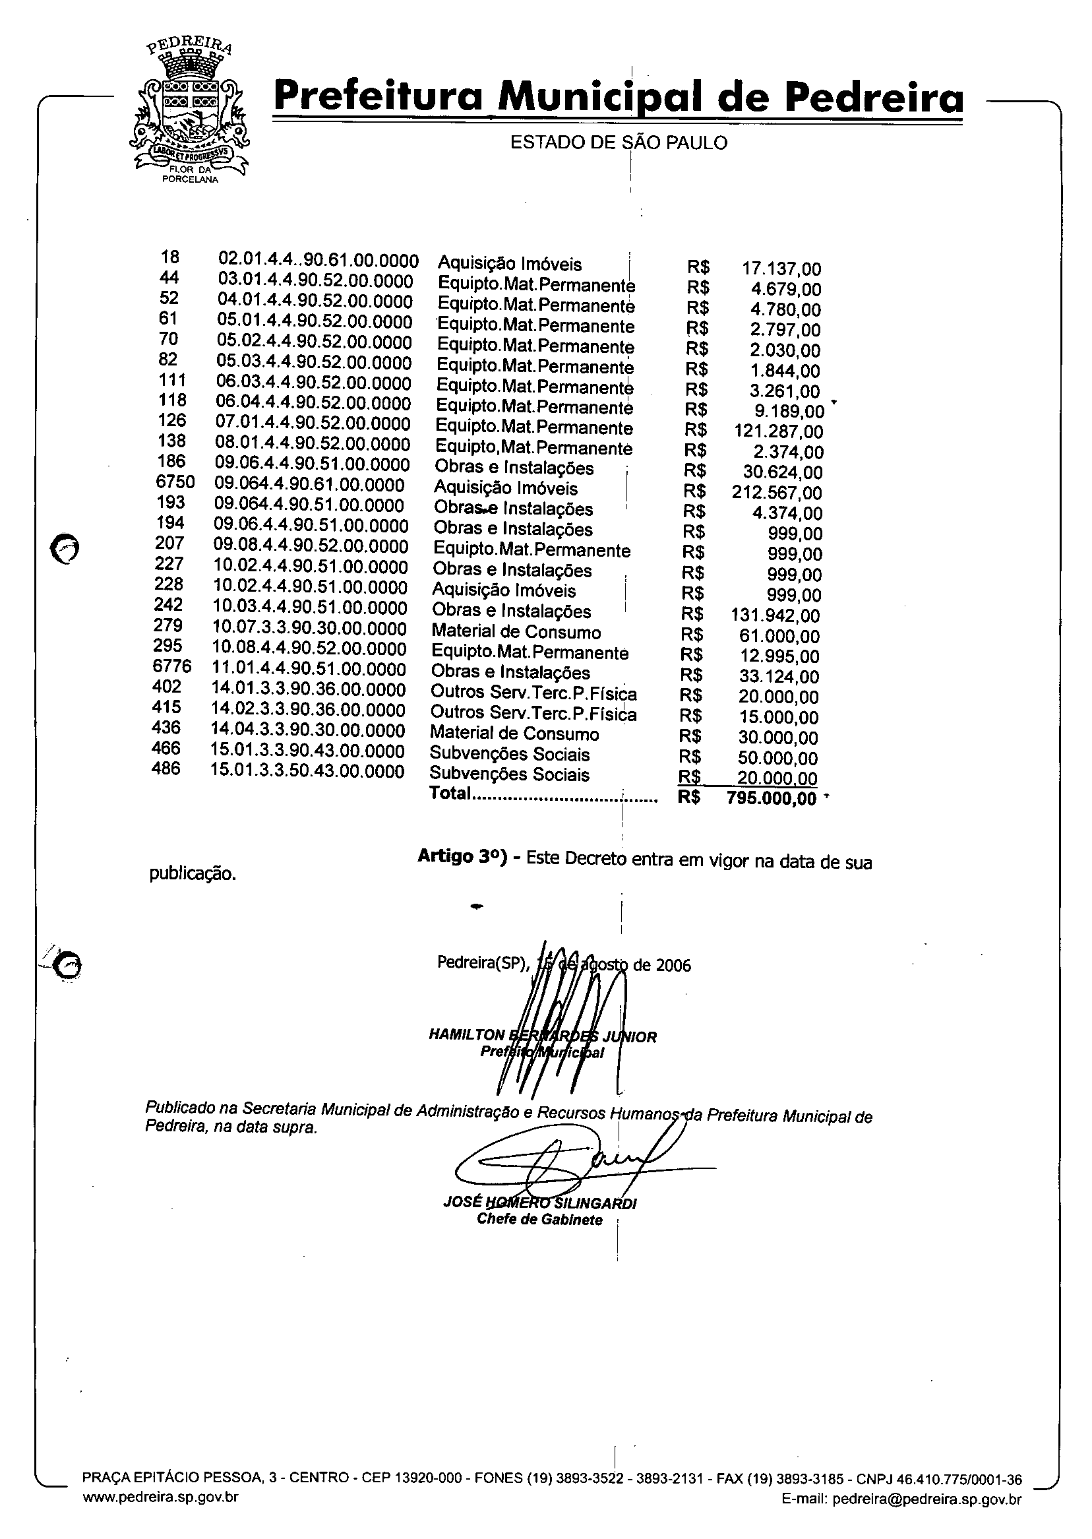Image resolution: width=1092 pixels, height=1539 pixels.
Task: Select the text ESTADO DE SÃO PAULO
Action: point(619,143)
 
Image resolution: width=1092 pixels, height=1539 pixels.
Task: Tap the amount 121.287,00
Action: point(778,432)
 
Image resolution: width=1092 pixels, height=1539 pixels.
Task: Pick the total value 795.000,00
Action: point(772,799)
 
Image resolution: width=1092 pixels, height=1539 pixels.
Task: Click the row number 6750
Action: point(174,482)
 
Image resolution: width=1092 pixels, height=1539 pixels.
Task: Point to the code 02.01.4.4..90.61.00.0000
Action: point(318,261)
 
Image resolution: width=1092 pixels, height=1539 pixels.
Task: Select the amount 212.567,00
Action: point(777,493)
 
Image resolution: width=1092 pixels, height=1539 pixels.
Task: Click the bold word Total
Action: point(450,794)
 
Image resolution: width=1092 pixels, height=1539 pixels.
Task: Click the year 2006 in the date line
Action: point(673,966)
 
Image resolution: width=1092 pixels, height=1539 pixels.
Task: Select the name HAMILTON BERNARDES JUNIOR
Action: point(542,1036)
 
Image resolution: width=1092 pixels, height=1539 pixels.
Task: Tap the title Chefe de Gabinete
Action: point(539,1220)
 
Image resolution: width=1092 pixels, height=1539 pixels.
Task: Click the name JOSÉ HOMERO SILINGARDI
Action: point(539,1203)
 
